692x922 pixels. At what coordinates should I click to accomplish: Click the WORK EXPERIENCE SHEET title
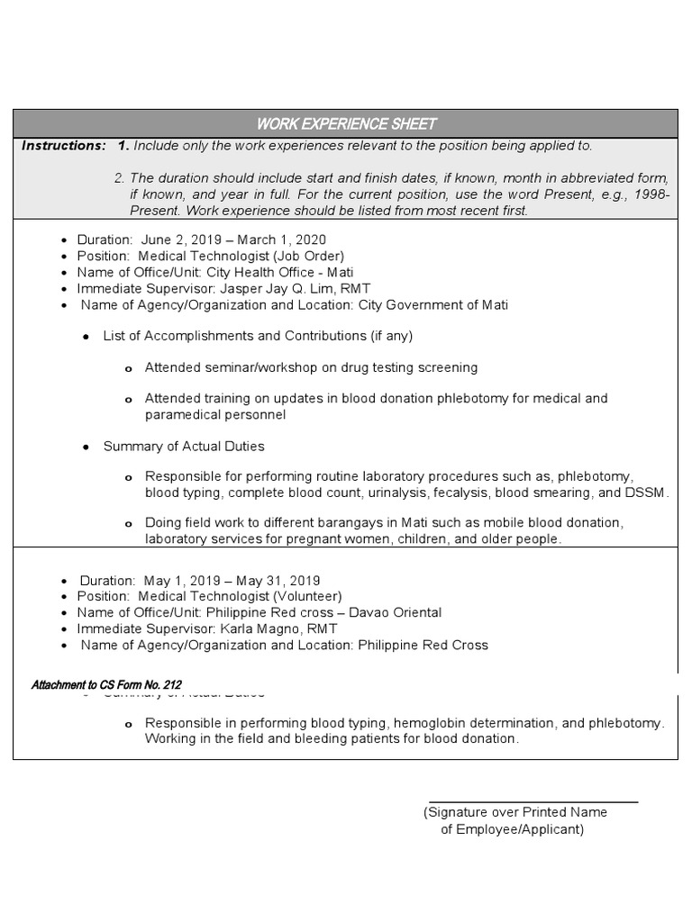(x=347, y=123)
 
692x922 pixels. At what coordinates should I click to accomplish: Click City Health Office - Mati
(x=280, y=273)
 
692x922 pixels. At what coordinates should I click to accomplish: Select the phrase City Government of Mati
(x=433, y=305)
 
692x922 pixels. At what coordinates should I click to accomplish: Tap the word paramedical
(x=180, y=415)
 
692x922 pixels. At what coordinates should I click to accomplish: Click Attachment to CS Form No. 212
(x=106, y=685)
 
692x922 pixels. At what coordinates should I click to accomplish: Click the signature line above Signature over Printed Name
(x=533, y=800)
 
